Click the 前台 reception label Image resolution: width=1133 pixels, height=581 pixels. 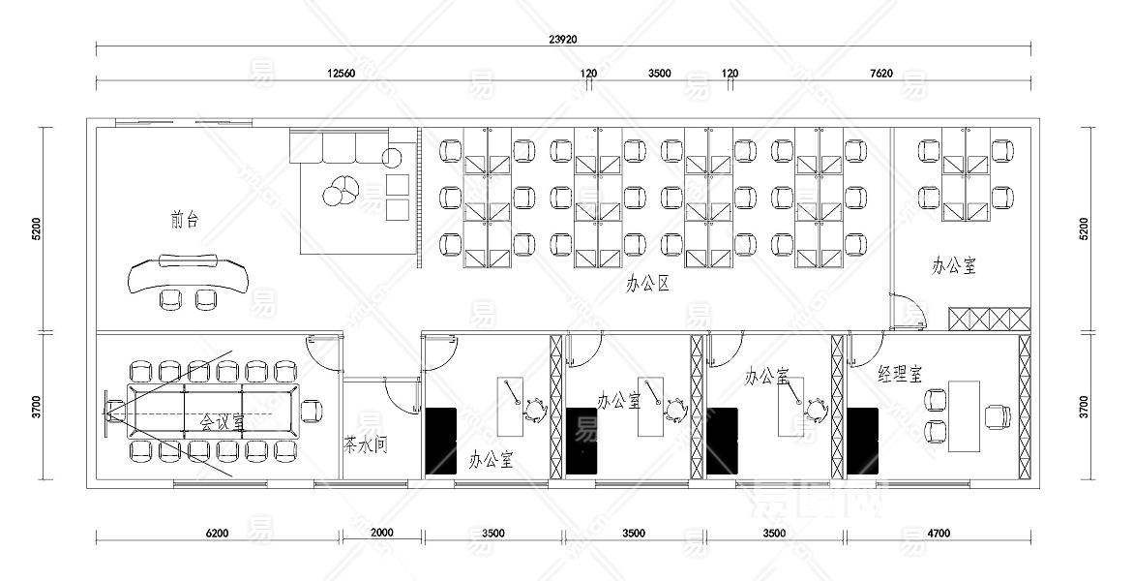[x=184, y=219]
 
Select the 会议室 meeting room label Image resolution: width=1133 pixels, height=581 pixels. [x=222, y=421]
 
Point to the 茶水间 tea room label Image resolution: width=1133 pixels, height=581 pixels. [x=366, y=443]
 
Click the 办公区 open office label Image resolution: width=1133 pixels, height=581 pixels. [x=647, y=284]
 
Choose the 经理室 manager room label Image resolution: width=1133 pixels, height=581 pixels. [x=901, y=374]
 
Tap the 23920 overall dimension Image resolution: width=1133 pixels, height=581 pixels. [x=563, y=39]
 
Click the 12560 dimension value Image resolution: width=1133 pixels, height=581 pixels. [x=341, y=73]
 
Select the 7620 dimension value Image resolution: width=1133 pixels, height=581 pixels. [x=881, y=73]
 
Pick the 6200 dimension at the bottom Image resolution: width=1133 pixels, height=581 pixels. [x=217, y=534]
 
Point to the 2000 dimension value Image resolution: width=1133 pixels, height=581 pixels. [x=381, y=533]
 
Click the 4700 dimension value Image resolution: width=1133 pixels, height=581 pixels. [x=938, y=534]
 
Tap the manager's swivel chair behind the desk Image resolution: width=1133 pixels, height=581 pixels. [x=998, y=416]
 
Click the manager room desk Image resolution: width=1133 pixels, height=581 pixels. [x=964, y=416]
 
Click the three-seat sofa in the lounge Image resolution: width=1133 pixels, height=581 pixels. [x=339, y=147]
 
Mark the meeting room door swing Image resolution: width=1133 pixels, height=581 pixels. [x=322, y=354]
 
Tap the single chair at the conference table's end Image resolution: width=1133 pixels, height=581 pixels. [x=312, y=411]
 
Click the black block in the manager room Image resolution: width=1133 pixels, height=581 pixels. [x=863, y=441]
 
